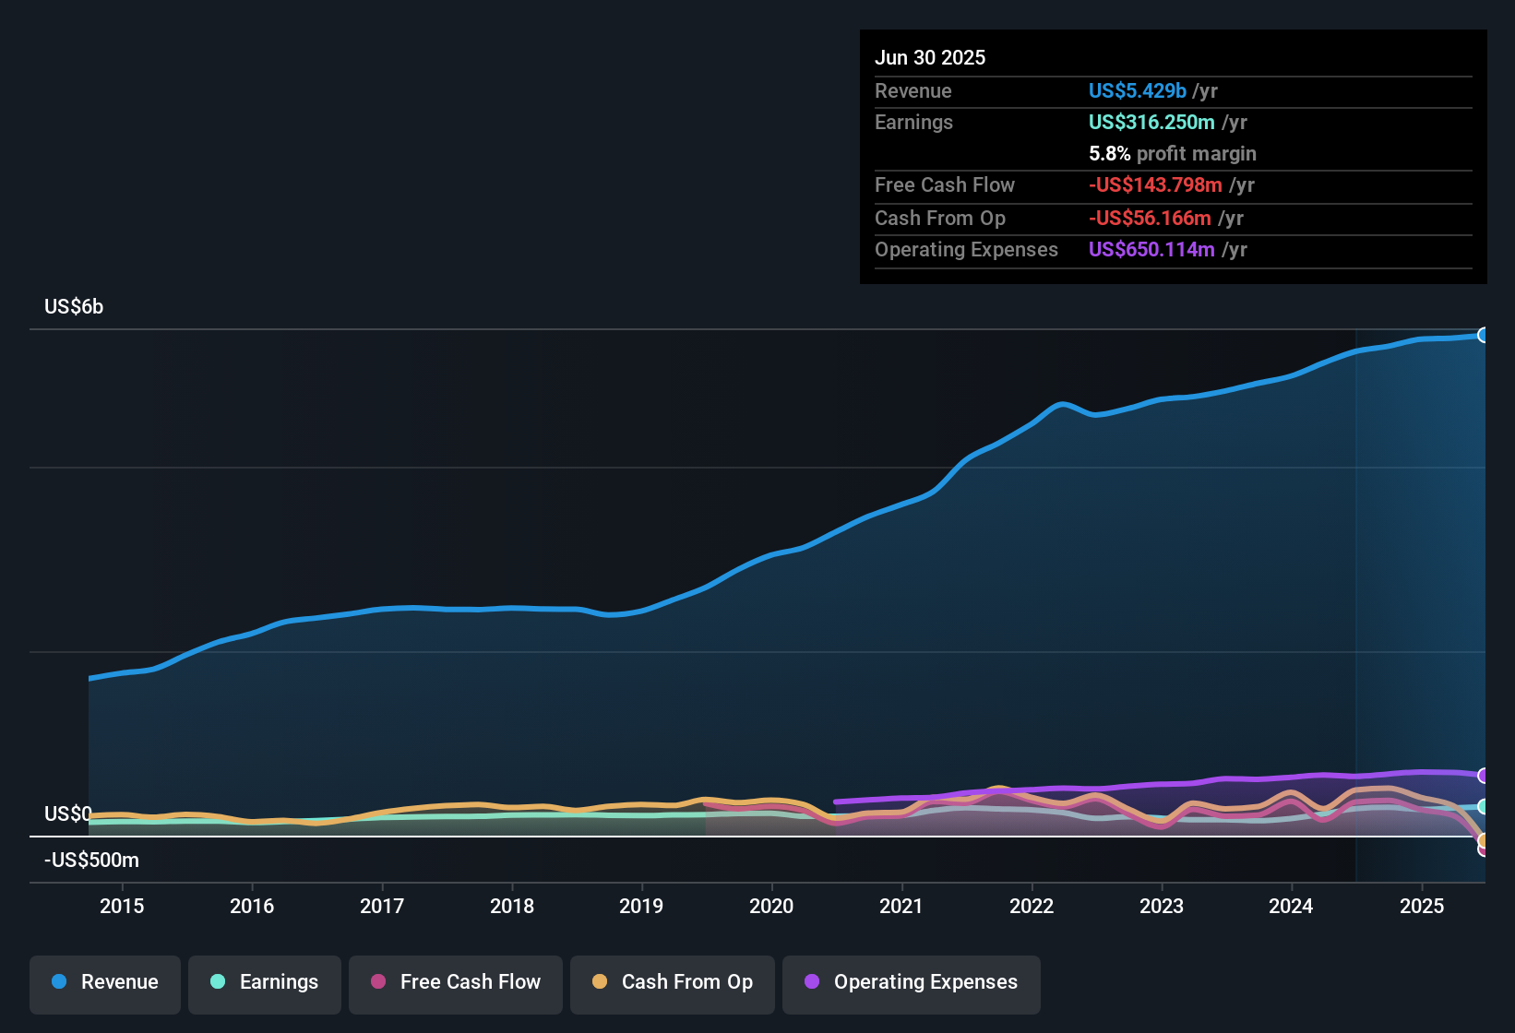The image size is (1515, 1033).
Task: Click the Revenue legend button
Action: pyautogui.click(x=105, y=982)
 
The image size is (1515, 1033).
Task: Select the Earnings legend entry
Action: pyautogui.click(x=265, y=982)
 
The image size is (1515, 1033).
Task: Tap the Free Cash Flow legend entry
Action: pyautogui.click(x=456, y=982)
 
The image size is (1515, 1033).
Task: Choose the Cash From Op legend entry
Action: pyautogui.click(x=673, y=982)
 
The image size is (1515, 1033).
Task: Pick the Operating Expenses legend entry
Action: pyautogui.click(x=912, y=982)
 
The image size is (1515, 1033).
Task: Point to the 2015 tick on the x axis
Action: pyautogui.click(x=122, y=906)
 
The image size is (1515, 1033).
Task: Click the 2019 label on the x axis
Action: pyautogui.click(x=641, y=906)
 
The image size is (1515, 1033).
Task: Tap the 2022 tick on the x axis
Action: pyautogui.click(x=1032, y=906)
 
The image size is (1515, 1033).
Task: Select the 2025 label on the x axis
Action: pyautogui.click(x=1422, y=906)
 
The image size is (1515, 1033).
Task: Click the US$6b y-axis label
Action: pyautogui.click(x=74, y=307)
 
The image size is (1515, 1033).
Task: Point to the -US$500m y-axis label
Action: pyautogui.click(x=91, y=861)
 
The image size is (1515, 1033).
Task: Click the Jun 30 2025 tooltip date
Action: pyautogui.click(x=930, y=58)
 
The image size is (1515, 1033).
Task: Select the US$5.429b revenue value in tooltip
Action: pyautogui.click(x=1137, y=91)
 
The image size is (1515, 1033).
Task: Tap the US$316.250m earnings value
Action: pyautogui.click(x=1151, y=123)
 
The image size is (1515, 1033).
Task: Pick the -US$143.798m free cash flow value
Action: pyautogui.click(x=1155, y=185)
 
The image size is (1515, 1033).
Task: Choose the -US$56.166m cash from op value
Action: pyautogui.click(x=1150, y=219)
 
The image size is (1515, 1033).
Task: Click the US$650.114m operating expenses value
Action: pyautogui.click(x=1151, y=250)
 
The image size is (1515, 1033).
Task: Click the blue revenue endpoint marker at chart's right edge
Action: pyautogui.click(x=1483, y=335)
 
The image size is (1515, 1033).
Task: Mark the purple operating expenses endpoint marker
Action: pyautogui.click(x=1483, y=776)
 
